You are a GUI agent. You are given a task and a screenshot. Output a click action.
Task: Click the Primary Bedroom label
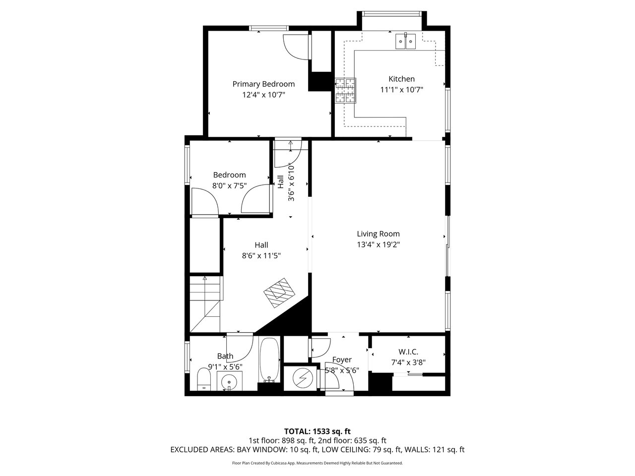click(x=263, y=84)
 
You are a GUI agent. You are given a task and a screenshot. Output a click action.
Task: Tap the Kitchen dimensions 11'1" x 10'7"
click(x=401, y=90)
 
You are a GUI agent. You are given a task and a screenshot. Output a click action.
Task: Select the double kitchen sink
click(x=406, y=41)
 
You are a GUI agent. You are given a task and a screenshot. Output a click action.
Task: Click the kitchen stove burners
click(x=346, y=90)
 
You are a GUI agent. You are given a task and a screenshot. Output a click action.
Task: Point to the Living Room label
click(x=378, y=234)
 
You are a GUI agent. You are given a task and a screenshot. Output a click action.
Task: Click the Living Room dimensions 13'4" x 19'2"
click(x=378, y=244)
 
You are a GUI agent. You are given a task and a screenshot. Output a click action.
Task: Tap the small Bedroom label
click(x=229, y=175)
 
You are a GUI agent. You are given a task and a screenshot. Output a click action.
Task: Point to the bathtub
click(x=269, y=360)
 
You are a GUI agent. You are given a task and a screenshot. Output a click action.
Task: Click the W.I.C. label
click(x=408, y=352)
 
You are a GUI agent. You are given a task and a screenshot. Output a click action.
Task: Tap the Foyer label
click(x=342, y=359)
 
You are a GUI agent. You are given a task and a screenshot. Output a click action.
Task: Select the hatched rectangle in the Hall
click(x=279, y=293)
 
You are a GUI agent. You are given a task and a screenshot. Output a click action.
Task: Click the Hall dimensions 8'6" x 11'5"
click(x=261, y=256)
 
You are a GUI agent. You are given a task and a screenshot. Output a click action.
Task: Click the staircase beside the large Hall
click(x=205, y=304)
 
